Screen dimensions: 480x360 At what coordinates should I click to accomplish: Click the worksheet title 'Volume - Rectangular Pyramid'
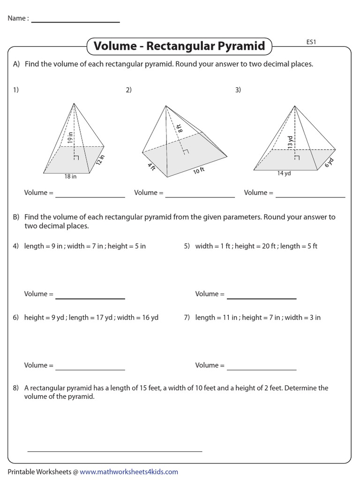(x=180, y=46)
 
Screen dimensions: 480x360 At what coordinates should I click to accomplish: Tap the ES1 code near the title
(x=312, y=42)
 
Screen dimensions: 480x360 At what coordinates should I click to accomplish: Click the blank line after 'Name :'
(x=75, y=22)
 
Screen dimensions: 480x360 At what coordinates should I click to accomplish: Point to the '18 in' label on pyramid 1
(x=70, y=177)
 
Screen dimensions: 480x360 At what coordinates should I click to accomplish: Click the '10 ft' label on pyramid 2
(x=199, y=171)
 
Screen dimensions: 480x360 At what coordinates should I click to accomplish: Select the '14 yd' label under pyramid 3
(x=284, y=173)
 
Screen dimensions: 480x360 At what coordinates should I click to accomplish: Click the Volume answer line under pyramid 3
(x=310, y=197)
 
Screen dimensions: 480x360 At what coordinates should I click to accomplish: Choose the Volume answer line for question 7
(x=262, y=369)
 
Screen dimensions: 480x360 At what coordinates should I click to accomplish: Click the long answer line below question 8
(x=115, y=451)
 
